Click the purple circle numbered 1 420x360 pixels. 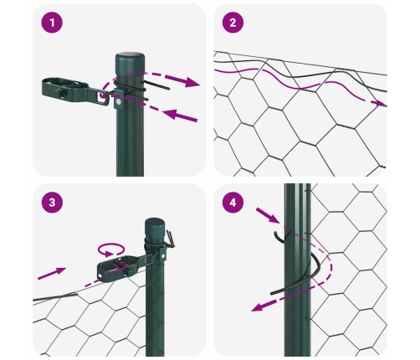[x=52, y=23]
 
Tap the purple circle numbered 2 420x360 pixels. [x=233, y=23]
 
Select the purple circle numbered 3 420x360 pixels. [x=52, y=202]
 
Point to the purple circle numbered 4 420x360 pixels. [x=233, y=202]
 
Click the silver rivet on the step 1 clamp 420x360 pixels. [x=119, y=102]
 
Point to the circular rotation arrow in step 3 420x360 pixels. [x=110, y=249]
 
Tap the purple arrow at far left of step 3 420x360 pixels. [x=52, y=273]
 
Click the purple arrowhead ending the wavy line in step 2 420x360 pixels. [x=380, y=103]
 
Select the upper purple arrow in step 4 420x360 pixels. [x=268, y=215]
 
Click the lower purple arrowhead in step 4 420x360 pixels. [x=257, y=307]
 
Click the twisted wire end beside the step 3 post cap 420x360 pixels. [x=170, y=238]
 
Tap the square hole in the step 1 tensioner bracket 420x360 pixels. [x=101, y=96]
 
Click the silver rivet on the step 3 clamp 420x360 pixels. [x=161, y=255]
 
